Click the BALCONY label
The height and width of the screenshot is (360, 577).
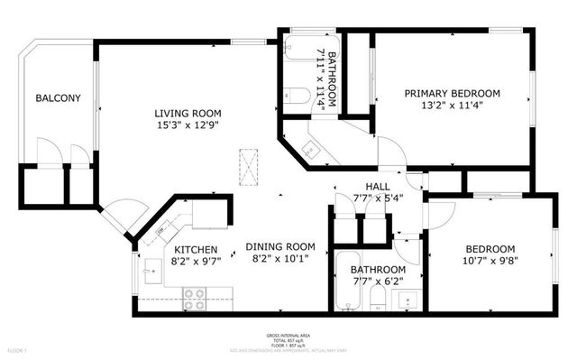tap(59, 98)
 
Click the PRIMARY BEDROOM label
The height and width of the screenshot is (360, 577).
tap(452, 93)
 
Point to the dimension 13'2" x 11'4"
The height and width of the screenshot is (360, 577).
tap(452, 106)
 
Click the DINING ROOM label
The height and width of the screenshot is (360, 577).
tap(282, 246)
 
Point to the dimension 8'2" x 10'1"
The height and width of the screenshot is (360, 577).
tap(282, 260)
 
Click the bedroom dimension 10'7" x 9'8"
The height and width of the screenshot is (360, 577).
tap(490, 263)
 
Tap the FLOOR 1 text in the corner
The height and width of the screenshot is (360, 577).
tap(17, 349)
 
